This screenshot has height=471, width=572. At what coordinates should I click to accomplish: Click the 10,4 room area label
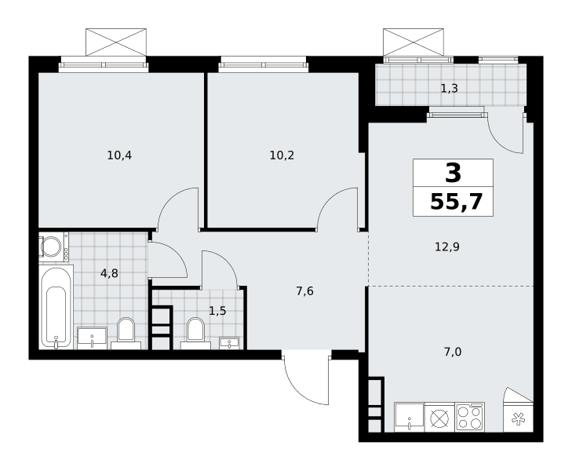coord(119,155)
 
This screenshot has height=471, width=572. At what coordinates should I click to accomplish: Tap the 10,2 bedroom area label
coord(282,155)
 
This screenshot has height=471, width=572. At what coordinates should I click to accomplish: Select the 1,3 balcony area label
coord(450,88)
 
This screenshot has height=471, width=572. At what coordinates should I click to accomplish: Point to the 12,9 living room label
coord(447,247)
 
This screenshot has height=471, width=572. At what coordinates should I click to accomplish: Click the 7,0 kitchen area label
coord(453,352)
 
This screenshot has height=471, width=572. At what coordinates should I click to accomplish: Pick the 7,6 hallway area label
coord(304,291)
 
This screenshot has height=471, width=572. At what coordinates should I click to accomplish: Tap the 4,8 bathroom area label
coord(109,273)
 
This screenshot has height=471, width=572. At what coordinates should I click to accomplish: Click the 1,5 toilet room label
coord(217,311)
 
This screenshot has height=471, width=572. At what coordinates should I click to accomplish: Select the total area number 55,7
coord(457,202)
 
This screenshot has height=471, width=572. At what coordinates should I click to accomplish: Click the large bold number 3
coord(453,173)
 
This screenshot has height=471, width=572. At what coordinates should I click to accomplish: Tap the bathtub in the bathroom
coord(56,307)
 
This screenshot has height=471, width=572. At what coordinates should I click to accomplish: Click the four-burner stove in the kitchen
coord(470,417)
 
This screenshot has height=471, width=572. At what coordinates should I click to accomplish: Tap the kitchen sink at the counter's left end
coord(410,417)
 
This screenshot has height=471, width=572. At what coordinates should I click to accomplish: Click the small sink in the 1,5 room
coord(229,343)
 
